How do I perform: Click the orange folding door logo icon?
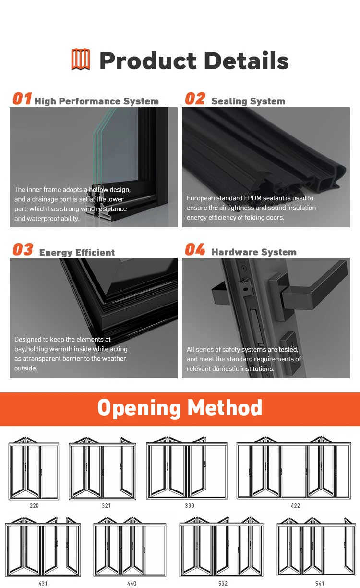click(81, 60)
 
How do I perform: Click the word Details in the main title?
click(246, 61)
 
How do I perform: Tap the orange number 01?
click(22, 99)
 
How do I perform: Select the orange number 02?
click(195, 99)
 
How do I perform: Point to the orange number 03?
click(23, 250)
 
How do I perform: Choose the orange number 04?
click(195, 250)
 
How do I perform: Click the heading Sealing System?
click(248, 101)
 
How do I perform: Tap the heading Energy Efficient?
click(77, 253)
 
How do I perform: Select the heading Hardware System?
click(254, 252)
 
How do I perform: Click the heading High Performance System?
click(96, 101)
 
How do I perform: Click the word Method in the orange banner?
click(225, 408)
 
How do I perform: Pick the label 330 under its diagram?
click(190, 506)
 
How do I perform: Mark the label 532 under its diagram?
click(223, 584)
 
